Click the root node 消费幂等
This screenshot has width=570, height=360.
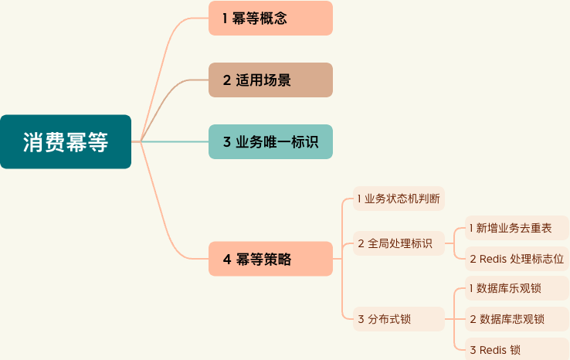point(66,141)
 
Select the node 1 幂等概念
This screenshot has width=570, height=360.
point(270,19)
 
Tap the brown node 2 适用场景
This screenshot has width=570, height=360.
point(270,80)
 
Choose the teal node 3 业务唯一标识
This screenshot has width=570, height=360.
point(270,141)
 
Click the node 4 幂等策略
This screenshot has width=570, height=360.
point(270,259)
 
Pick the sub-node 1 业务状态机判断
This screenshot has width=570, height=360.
point(399,199)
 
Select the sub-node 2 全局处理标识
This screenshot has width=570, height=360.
point(399,243)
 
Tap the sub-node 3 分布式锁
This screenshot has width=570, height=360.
point(399,318)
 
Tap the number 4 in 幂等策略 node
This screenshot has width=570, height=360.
point(227,260)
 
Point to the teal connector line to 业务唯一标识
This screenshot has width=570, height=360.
point(174,141)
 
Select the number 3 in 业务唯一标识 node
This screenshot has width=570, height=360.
point(227,142)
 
